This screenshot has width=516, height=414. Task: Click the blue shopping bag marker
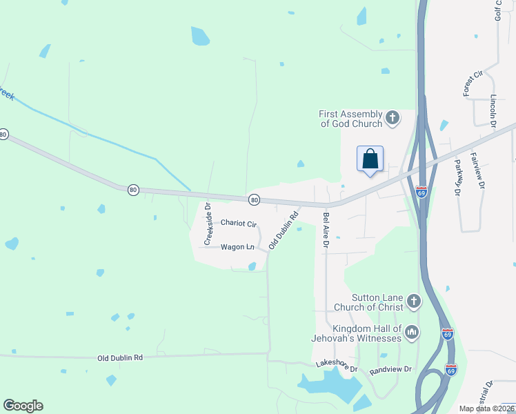point(370,159)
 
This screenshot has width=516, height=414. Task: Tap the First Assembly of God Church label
point(350,119)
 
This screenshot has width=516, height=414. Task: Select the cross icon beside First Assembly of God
point(393,118)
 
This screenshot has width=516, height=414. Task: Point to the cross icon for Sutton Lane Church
point(413,301)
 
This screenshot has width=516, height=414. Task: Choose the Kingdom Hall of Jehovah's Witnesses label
point(367,333)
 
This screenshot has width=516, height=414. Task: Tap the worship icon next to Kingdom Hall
point(412,333)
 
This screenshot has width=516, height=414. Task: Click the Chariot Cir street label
point(239,224)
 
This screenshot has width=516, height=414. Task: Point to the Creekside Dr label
point(207,224)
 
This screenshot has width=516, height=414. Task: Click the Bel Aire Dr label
point(326,230)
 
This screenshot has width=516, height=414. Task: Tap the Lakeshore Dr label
point(337,366)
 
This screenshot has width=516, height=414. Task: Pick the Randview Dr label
point(390,370)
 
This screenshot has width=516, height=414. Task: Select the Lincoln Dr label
point(493,110)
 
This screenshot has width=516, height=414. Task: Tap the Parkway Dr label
point(457,177)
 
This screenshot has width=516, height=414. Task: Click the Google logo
point(23,406)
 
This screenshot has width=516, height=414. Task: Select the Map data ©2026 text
point(486,408)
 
